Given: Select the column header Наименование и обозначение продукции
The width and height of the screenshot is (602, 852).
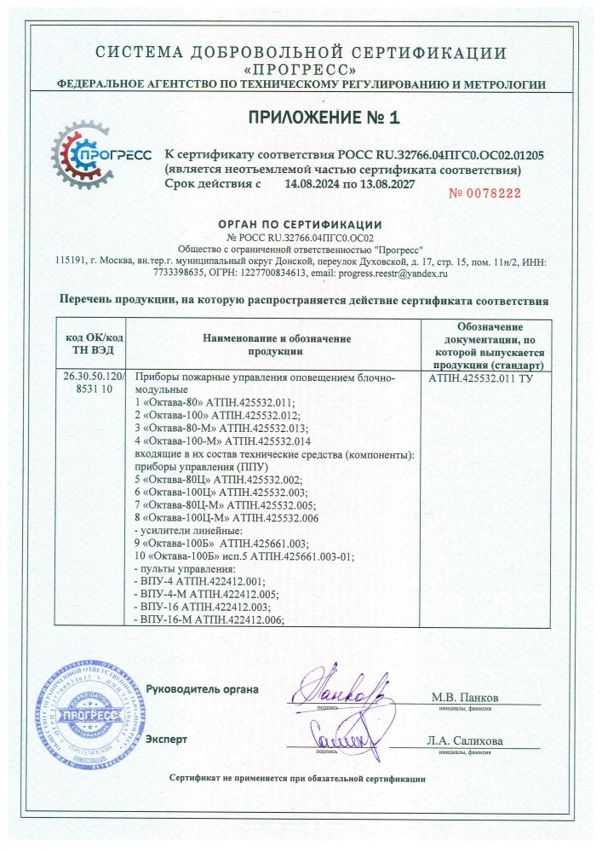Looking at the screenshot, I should [x=276, y=345].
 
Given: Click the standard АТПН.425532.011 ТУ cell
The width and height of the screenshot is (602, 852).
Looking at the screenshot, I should [x=481, y=376].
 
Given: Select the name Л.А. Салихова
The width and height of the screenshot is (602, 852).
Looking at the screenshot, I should [x=465, y=740].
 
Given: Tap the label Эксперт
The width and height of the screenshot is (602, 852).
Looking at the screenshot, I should [x=166, y=739].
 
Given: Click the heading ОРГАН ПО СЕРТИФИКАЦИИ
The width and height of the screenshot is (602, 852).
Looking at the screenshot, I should [x=300, y=224].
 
